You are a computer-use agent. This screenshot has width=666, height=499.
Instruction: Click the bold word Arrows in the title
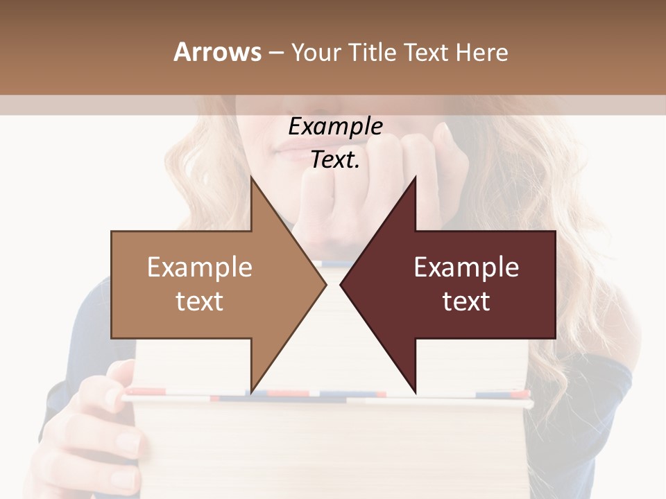(217, 52)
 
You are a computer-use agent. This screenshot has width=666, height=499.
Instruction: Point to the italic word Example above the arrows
(335, 127)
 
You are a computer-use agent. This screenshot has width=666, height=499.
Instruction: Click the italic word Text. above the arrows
(335, 160)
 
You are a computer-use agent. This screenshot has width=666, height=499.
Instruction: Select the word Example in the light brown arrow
(200, 268)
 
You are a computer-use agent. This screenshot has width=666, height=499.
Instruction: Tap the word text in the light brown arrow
(200, 301)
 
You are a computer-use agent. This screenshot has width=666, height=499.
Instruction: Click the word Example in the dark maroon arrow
(466, 268)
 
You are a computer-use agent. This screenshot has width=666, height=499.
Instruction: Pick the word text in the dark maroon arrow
(466, 301)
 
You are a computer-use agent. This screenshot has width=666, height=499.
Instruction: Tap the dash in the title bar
(276, 53)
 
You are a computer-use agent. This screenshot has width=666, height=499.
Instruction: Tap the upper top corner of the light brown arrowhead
(252, 179)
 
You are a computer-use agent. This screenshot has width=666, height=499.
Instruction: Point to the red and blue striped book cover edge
(326, 397)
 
